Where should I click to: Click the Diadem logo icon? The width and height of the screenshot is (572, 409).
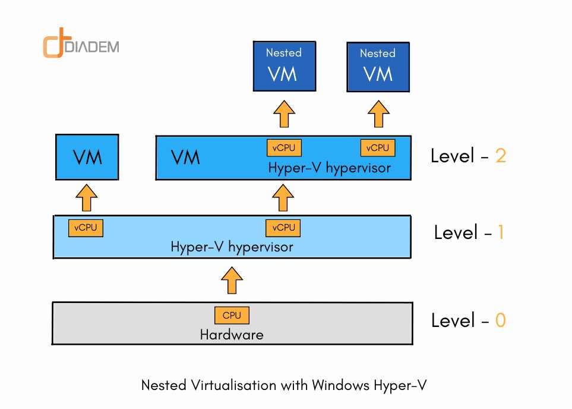click(x=53, y=46)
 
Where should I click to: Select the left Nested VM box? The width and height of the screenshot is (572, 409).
click(x=284, y=66)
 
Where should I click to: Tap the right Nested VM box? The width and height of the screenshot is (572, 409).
click(x=377, y=66)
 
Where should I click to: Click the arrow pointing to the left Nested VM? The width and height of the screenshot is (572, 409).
click(x=284, y=113)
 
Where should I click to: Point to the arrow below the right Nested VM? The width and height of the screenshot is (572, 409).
click(x=378, y=113)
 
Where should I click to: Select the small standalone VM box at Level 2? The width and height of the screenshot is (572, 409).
click(x=87, y=158)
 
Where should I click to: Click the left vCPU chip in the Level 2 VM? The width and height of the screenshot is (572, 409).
click(x=284, y=147)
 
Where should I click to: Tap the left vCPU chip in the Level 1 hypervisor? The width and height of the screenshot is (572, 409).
click(x=86, y=228)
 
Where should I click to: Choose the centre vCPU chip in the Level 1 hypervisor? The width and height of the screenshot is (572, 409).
click(x=283, y=228)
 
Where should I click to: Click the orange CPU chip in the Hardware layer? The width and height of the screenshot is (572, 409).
click(x=232, y=315)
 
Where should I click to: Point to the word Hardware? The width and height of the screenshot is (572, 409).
click(x=232, y=335)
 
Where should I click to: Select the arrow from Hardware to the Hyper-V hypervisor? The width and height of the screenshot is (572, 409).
click(x=232, y=280)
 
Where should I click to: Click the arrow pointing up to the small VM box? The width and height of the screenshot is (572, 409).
click(x=87, y=197)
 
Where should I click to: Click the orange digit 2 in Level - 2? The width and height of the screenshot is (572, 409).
click(x=500, y=156)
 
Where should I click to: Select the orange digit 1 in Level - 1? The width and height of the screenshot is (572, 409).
click(x=500, y=232)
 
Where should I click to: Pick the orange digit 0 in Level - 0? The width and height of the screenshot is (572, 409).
click(x=500, y=321)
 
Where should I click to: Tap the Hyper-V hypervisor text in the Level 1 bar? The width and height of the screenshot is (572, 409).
click(x=232, y=246)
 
